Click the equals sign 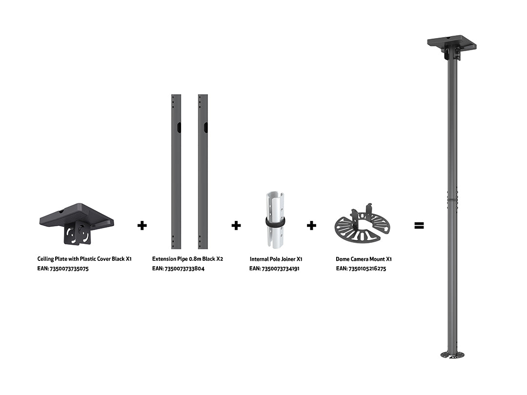[419, 225]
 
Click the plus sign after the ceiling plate [142, 225]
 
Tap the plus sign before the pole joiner [236, 225]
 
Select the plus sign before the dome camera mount [311, 225]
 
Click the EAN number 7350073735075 [69, 269]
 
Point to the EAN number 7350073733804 [184, 268]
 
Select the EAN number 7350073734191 [280, 268]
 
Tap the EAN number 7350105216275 [367, 268]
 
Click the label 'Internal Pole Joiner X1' [276, 259]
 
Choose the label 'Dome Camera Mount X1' [364, 259]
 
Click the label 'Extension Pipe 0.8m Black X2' [187, 258]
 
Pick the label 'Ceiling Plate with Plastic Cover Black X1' [84, 258]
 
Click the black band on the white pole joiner [275, 222]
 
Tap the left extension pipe [176, 172]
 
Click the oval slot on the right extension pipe [206, 128]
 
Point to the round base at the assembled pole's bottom [452, 355]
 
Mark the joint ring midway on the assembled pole [452, 199]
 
